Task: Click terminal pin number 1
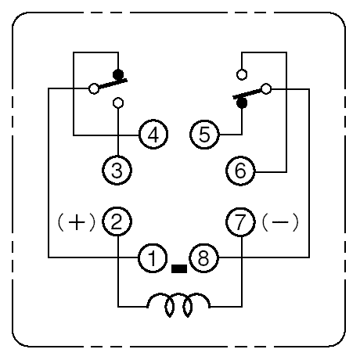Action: click(153, 258)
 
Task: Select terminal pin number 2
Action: click(117, 221)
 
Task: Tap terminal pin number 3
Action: click(117, 171)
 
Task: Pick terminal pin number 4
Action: click(153, 135)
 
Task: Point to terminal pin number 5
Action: click(204, 135)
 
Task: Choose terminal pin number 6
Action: click(240, 171)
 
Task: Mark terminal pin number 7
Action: click(240, 222)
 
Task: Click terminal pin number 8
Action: click(203, 258)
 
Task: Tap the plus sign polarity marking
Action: click(77, 222)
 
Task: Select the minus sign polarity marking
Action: click(280, 222)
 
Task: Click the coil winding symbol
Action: click(178, 304)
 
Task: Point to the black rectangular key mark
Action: click(179, 268)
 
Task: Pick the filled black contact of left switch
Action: click(118, 74)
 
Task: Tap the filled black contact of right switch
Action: click(242, 103)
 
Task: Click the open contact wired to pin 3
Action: click(118, 103)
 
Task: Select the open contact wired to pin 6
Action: click(242, 74)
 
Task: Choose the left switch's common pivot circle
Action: click(94, 88)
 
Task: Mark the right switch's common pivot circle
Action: click(266, 89)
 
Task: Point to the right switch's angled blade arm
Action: click(247, 94)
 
